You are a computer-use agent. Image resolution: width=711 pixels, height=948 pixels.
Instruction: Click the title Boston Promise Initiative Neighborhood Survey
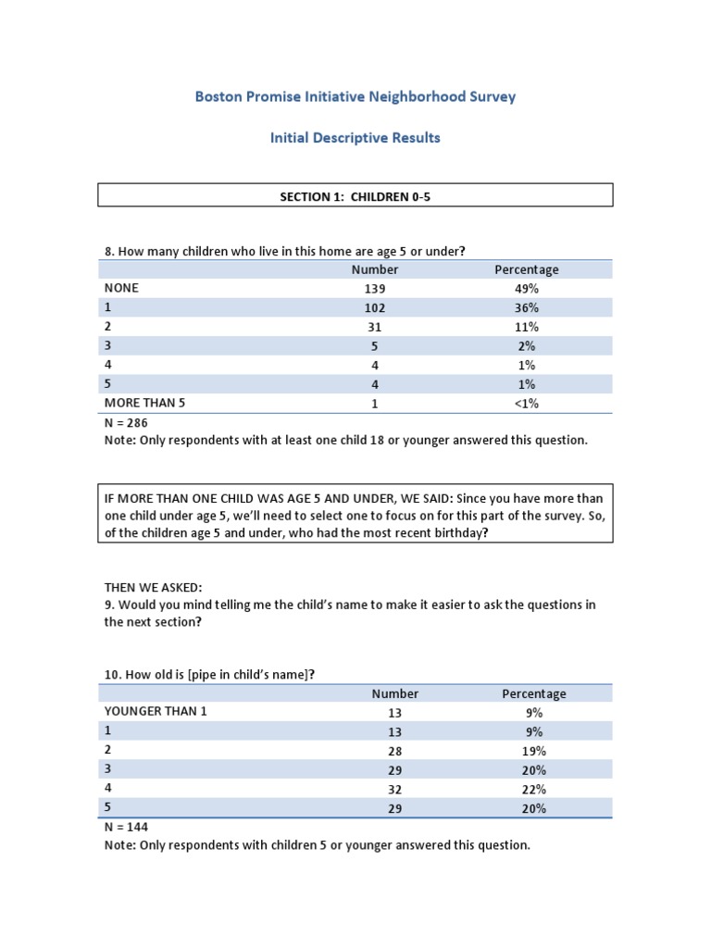coord(355,96)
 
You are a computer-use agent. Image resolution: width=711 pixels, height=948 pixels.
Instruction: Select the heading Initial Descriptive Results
coord(355,138)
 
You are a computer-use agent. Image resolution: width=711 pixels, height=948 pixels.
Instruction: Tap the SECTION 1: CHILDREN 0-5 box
coord(355,195)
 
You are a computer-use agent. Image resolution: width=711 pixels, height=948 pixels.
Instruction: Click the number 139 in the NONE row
coord(375,288)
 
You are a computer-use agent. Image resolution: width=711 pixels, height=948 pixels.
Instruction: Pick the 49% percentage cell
coord(527,288)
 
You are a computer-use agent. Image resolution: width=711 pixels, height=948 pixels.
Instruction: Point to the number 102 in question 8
coord(375,307)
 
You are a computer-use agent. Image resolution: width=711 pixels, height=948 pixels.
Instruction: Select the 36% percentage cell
coord(527,307)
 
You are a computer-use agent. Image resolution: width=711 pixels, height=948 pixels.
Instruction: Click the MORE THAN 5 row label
coord(144,403)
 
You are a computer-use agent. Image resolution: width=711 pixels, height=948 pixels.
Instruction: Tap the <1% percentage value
coord(527,403)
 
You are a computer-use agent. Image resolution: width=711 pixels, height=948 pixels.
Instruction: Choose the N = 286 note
coord(126,422)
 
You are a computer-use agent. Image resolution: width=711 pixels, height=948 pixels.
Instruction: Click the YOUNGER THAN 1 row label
coord(154,712)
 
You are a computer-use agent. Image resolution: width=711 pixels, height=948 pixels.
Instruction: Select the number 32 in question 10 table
coord(395,789)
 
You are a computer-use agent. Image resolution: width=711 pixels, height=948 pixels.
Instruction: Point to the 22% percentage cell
coord(534,789)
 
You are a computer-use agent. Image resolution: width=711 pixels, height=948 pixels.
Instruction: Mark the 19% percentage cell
coord(534,751)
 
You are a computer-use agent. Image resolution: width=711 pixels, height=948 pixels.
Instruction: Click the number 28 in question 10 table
coord(395,751)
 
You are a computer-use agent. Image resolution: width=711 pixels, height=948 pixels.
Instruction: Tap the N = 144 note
coord(126,827)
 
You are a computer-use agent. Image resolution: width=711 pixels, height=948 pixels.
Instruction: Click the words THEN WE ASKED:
coord(153,587)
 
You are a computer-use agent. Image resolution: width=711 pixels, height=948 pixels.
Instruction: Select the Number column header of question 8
coord(375,269)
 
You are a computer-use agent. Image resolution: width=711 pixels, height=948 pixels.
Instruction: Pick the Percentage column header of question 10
coord(534,693)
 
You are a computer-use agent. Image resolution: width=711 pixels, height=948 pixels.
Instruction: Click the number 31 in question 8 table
coord(375,327)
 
